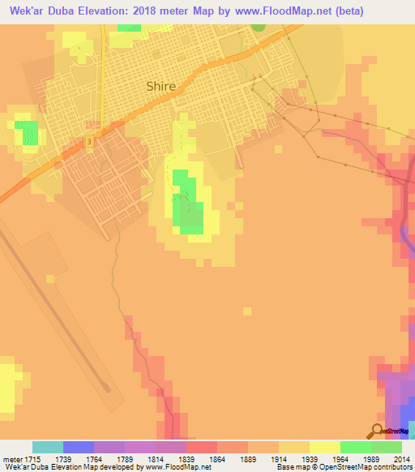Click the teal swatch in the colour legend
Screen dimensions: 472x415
coord(48,447)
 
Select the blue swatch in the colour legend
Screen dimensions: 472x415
coord(79,447)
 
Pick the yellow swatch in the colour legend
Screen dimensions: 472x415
coord(324,447)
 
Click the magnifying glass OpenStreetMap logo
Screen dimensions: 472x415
coord(378,431)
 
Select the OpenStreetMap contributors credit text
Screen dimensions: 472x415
coord(366,467)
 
